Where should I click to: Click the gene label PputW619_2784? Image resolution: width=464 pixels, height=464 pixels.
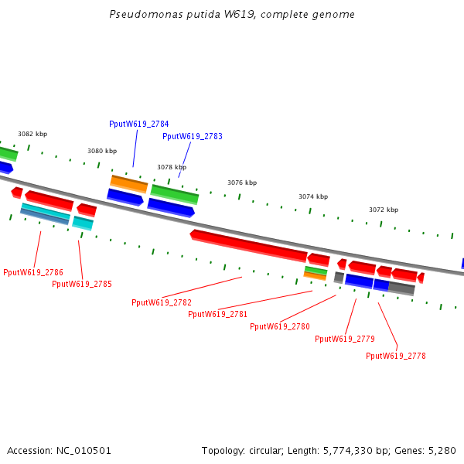pyautogui.click(x=139, y=124)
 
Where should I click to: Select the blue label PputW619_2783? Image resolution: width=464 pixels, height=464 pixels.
pyautogui.click(x=193, y=136)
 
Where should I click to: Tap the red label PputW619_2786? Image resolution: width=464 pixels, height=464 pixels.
pyautogui.click(x=33, y=272)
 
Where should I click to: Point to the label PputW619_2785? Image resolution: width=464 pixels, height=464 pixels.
pyautogui.click(x=82, y=284)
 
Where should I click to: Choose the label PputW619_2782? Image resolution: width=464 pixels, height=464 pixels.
pyautogui.click(x=162, y=302)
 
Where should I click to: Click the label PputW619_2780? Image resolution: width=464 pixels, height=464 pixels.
pyautogui.click(x=280, y=326)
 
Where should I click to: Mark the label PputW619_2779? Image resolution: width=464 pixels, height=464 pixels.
pyautogui.click(x=345, y=339)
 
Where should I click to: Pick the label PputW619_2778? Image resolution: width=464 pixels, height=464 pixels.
pyautogui.click(x=396, y=356)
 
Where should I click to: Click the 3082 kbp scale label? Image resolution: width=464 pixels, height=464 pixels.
pyautogui.click(x=32, y=134)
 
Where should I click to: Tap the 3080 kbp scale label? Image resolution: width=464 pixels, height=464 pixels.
pyautogui.click(x=102, y=151)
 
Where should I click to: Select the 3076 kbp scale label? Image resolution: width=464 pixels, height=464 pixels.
pyautogui.click(x=242, y=183)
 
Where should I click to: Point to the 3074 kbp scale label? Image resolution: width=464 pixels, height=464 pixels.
pyautogui.click(x=313, y=196)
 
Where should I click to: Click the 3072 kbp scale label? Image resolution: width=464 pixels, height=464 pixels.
pyautogui.click(x=384, y=210)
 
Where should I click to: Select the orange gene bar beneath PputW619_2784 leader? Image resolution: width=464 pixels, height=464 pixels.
pyautogui.click(x=128, y=184)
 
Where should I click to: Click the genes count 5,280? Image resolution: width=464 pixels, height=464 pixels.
pyautogui.click(x=442, y=450)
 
